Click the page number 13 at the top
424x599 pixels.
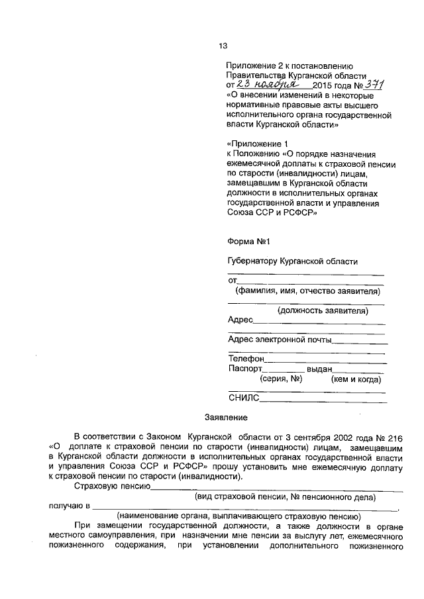(223, 46)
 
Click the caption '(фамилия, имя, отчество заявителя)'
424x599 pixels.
(307, 291)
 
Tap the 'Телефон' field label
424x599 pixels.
(246, 359)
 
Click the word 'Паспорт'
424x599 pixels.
(245, 369)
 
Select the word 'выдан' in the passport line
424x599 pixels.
(320, 369)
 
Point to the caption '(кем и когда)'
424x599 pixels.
(356, 379)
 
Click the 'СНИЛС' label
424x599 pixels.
(243, 398)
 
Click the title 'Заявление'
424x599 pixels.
(225, 418)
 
